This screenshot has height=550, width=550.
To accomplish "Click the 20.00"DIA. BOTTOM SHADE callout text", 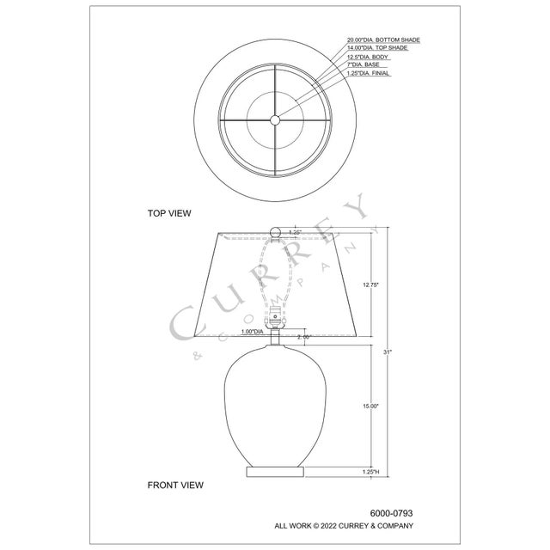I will click(x=383, y=40).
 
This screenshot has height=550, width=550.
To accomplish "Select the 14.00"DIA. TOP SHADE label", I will click(x=377, y=48).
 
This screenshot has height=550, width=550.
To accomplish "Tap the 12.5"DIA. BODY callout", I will click(x=369, y=57).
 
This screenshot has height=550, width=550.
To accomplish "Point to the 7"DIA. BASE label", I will click(x=365, y=64).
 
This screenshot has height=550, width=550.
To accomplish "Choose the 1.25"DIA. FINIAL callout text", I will click(x=369, y=73).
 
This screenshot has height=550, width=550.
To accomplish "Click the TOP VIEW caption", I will click(x=169, y=211).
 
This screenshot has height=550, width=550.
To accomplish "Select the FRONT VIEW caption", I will click(x=175, y=485).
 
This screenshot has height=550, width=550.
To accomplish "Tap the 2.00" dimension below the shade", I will click(x=302, y=337).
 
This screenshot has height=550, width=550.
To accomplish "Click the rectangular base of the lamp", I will click(x=275, y=472).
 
